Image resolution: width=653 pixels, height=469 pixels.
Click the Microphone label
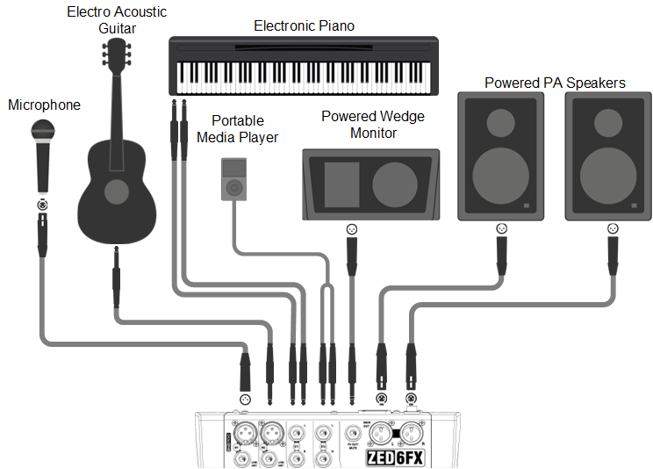(x=44, y=105)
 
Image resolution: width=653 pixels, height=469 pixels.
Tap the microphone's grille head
(x=41, y=131)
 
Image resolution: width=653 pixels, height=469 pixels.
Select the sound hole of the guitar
(x=116, y=191)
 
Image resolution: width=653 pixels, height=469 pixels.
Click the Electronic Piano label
(x=304, y=25)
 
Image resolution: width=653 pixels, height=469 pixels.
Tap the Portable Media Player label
(x=237, y=129)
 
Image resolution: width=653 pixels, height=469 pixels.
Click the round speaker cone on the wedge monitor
(x=395, y=184)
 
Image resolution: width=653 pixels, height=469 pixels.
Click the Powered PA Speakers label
(x=555, y=83)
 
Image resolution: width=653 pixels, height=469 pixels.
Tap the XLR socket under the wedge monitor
(x=352, y=229)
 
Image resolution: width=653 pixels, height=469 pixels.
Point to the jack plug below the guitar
(x=117, y=278)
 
